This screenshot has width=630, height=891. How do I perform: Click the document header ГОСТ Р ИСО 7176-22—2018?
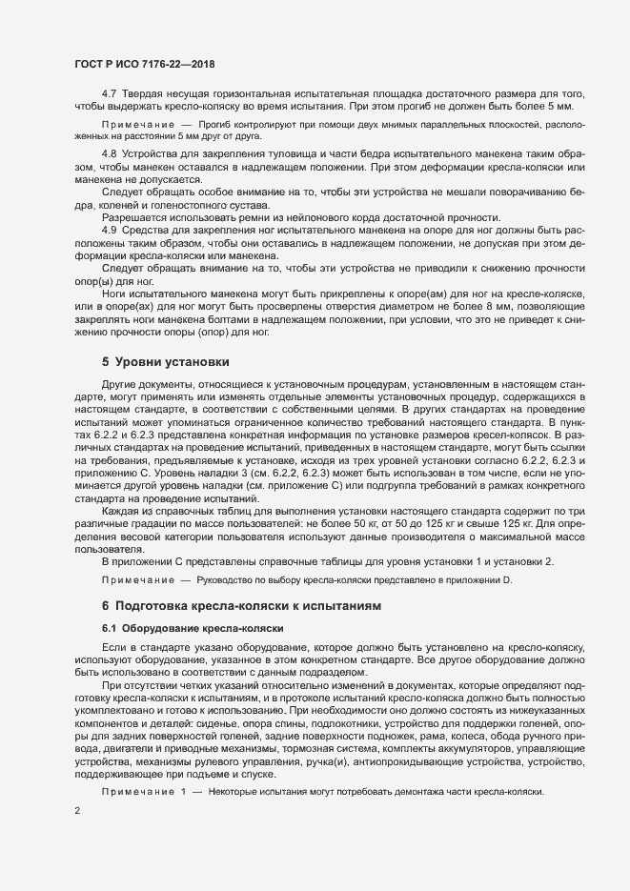(x=144, y=64)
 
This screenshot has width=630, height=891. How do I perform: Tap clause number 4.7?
(x=110, y=92)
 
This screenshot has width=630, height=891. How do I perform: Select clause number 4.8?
(x=110, y=154)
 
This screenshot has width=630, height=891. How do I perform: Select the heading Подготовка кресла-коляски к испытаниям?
(x=247, y=605)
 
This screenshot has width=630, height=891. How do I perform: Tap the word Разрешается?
(x=131, y=218)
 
